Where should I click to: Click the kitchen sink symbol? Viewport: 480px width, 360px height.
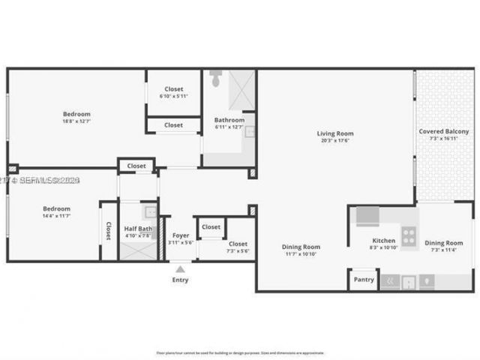coord(409,282)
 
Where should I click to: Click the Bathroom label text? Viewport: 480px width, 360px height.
coord(229,120)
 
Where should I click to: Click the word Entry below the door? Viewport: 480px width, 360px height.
coord(180,280)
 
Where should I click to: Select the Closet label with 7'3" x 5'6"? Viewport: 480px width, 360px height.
coord(238,244)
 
